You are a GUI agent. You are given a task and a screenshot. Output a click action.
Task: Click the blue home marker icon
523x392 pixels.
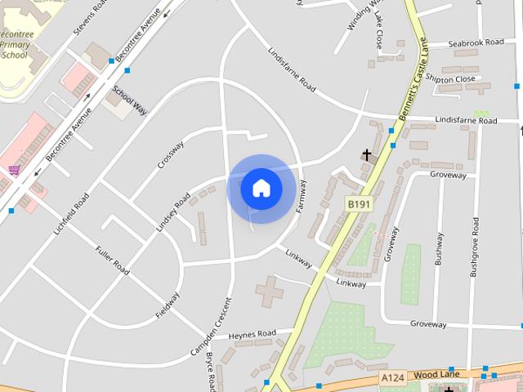tap(261, 188)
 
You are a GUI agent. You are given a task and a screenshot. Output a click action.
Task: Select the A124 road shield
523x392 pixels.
tap(393, 378)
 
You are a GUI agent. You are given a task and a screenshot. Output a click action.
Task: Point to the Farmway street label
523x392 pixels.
tap(302, 196)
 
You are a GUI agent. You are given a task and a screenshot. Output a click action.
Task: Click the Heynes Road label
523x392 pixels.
tap(253, 334)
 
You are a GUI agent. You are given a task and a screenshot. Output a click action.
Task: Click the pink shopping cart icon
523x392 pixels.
tap(14, 170)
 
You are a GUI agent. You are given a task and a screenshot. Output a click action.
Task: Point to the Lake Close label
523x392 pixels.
tap(378, 29)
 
